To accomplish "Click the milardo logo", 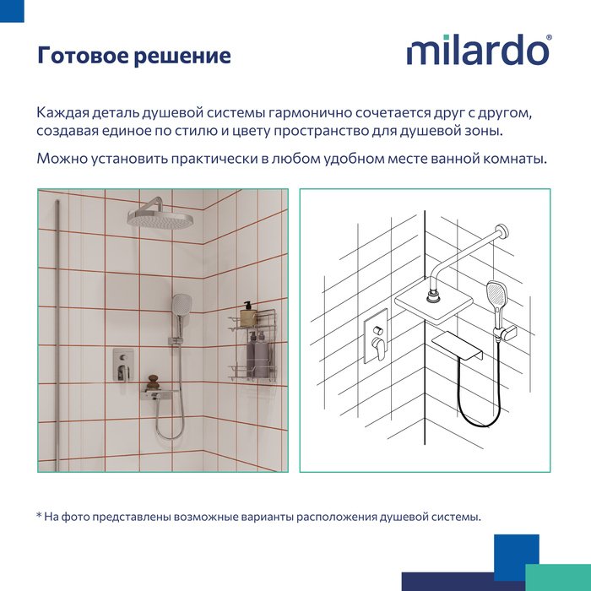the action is [x=478, y=50].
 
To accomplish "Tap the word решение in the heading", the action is [x=182, y=57].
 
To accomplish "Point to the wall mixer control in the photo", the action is [x=123, y=364].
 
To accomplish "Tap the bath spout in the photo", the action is [x=160, y=393].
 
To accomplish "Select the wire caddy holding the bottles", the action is [x=252, y=345].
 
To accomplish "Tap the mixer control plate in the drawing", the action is [x=376, y=336].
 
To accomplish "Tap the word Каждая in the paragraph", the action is [x=63, y=112].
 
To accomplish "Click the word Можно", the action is [x=62, y=159].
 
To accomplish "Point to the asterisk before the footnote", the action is [x=39, y=514].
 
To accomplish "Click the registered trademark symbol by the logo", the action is [x=549, y=37].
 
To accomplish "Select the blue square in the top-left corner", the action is [x=12, y=11].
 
